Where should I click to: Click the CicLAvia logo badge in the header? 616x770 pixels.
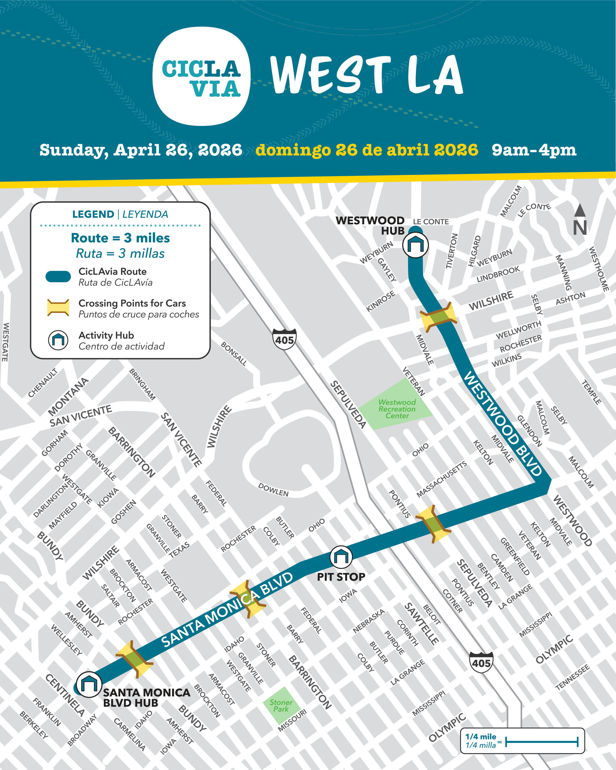point(201,76)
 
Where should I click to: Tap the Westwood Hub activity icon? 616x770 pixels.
point(415,245)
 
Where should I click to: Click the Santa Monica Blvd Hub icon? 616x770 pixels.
point(88,684)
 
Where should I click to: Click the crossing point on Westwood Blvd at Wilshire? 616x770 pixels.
point(438,317)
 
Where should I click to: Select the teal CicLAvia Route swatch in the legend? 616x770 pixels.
point(58,276)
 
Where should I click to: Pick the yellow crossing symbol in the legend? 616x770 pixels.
point(58,308)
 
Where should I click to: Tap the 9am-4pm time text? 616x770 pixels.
point(534,150)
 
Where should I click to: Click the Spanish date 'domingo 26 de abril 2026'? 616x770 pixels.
point(367,150)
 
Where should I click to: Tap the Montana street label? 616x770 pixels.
point(68,396)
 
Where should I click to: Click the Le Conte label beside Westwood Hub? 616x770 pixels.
point(431,222)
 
